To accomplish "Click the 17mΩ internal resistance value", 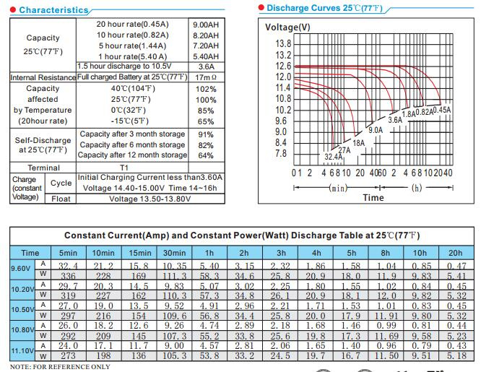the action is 206,77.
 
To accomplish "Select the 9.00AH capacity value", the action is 206,25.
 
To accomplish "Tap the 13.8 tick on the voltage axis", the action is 283,43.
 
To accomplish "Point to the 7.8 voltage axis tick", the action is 281,153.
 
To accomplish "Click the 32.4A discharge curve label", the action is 334,157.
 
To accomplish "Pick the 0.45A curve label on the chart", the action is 442,111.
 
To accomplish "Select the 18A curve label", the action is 359,143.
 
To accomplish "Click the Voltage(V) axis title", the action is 287,27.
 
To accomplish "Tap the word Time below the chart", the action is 373,198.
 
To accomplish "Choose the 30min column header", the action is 174,253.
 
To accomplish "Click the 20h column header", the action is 455,253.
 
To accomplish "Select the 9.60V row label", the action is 20,269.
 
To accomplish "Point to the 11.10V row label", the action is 22,350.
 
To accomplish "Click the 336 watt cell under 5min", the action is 68,276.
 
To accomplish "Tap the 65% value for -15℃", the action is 206,121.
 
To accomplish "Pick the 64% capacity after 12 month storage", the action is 206,155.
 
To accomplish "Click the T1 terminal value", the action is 124,168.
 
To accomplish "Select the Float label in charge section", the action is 61,199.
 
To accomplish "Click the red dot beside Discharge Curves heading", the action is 261,7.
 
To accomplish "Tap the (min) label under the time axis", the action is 338,188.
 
